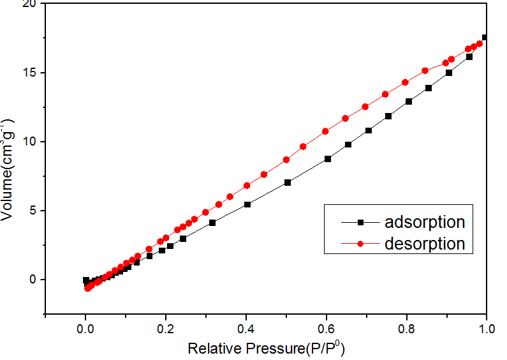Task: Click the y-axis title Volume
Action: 9,171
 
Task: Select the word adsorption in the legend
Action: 424,222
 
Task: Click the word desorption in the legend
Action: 424,243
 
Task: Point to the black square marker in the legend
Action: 360,222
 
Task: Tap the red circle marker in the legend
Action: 360,243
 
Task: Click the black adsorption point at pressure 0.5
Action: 288,183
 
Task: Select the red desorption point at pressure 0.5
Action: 286,160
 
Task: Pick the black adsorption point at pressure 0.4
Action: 247,204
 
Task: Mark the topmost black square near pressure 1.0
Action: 485,38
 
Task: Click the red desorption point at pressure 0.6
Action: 325,131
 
